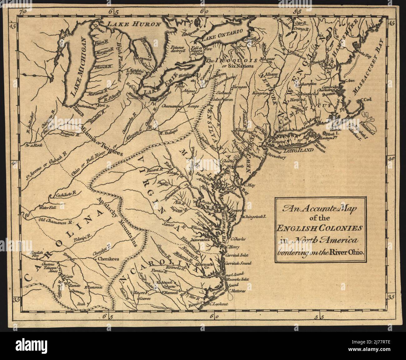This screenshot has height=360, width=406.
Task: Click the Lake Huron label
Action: [132, 24]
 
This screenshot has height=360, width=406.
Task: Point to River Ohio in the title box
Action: [348, 253]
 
